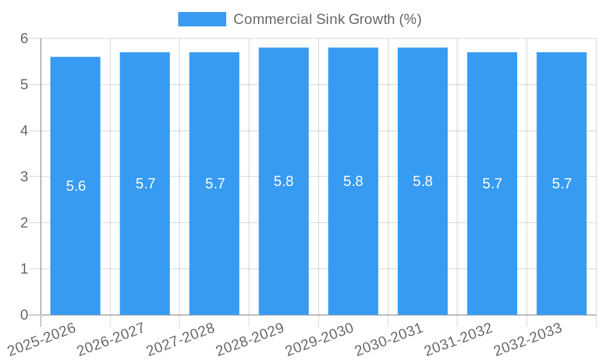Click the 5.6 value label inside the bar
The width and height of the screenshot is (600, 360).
point(76,186)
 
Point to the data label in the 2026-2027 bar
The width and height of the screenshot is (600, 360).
point(146,184)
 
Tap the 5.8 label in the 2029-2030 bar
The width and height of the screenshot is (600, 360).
point(353,181)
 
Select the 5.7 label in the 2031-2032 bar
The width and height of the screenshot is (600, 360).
point(493,184)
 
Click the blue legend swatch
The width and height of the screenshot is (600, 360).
point(202,19)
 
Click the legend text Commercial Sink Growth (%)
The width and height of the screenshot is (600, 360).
point(327,19)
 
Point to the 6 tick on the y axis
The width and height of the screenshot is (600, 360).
point(25,38)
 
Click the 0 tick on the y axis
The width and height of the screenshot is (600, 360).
point(25,315)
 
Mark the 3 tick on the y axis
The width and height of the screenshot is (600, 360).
point(25,177)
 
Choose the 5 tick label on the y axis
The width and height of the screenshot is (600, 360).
point(25,85)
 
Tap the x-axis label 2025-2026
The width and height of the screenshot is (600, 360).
point(43,340)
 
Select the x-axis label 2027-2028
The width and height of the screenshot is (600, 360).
point(181,340)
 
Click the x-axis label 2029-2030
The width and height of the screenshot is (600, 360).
point(319,340)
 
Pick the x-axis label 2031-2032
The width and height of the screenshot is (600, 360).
point(458,340)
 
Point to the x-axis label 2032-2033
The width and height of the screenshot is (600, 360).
point(528,340)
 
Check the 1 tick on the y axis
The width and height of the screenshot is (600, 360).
point(25,269)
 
